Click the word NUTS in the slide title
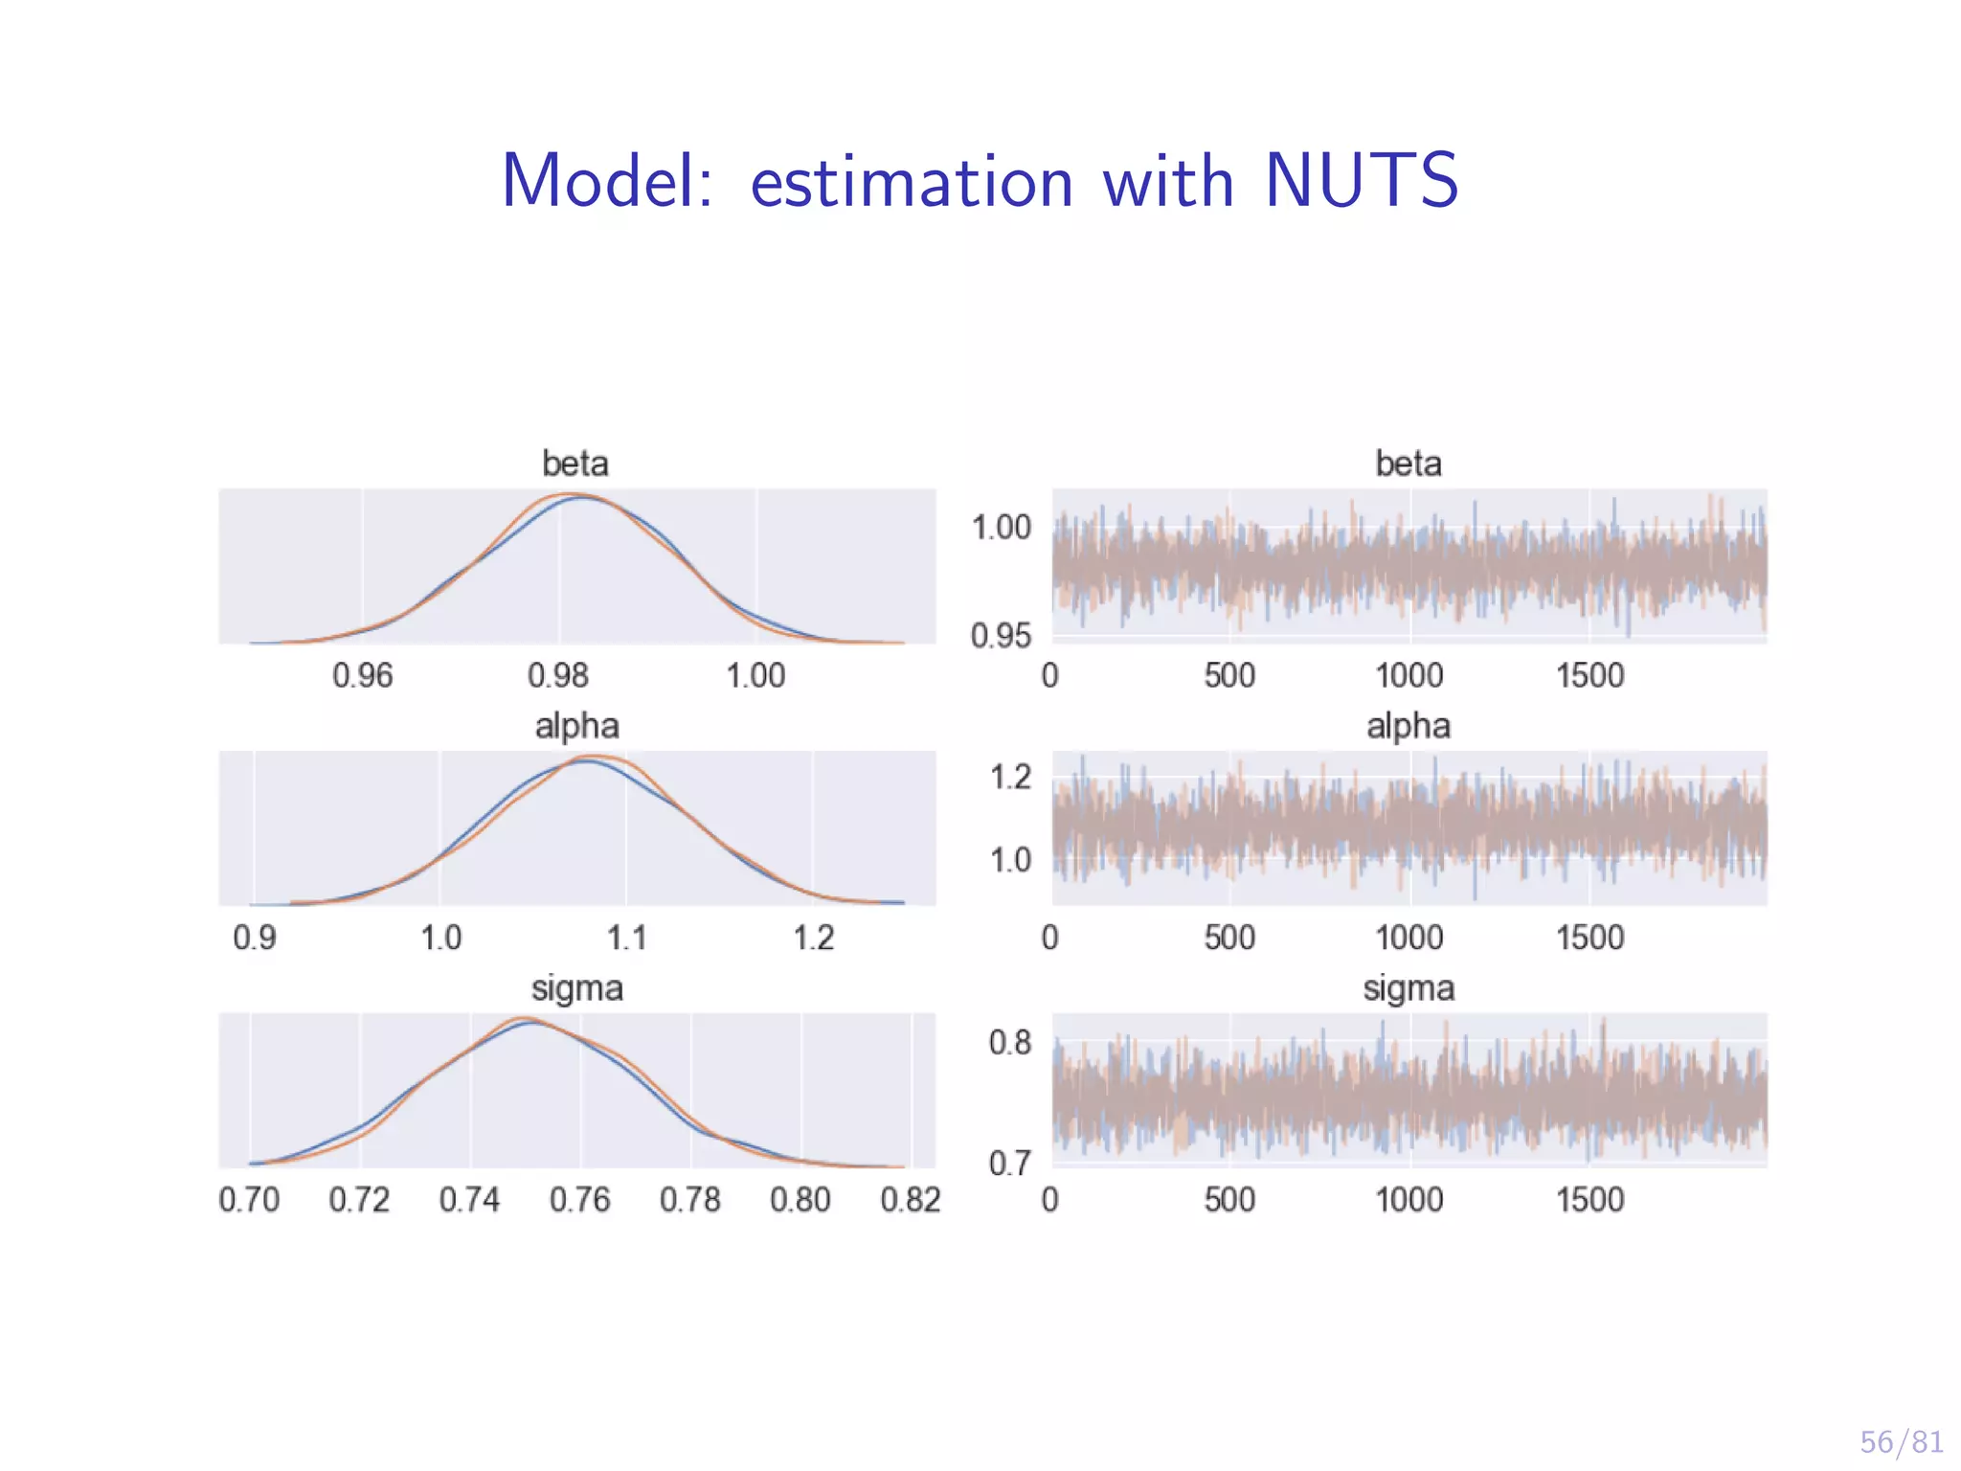[x=1361, y=181]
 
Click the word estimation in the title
[x=911, y=183]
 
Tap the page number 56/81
[x=1901, y=1441]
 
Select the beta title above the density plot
[x=575, y=464]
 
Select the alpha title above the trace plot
[x=1408, y=726]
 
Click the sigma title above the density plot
[x=576, y=987]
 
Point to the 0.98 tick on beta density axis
[x=558, y=676]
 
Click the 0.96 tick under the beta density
[x=362, y=676]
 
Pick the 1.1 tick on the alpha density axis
[x=626, y=938]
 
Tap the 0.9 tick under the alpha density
[x=254, y=938]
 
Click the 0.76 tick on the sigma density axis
[x=579, y=1200]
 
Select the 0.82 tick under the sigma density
[x=911, y=1200]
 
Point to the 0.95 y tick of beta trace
[x=1001, y=636]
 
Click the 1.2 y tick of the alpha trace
[x=1010, y=777]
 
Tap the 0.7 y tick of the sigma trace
[x=1010, y=1164]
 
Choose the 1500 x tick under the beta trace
[x=1589, y=676]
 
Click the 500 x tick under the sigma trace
[x=1229, y=1200]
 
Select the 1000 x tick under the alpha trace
[x=1409, y=938]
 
